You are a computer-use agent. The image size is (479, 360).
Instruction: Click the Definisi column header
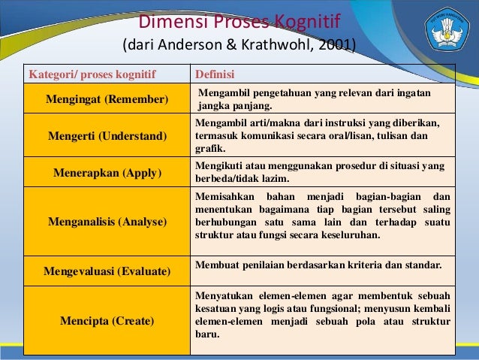[x=215, y=74]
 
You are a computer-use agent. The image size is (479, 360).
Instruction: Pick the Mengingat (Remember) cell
[x=107, y=99]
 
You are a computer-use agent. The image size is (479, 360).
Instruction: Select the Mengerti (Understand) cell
[x=107, y=136]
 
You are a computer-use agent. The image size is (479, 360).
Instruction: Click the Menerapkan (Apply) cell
[x=107, y=172]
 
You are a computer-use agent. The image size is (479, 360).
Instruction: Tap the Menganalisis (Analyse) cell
[x=107, y=222]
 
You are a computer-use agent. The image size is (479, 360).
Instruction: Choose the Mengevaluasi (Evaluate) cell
[x=107, y=270]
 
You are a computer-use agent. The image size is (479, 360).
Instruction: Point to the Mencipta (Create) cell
[x=107, y=321]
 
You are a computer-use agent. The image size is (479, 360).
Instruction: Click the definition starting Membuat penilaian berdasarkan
[x=318, y=265]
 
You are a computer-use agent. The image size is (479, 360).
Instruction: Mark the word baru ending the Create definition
[x=206, y=334]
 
